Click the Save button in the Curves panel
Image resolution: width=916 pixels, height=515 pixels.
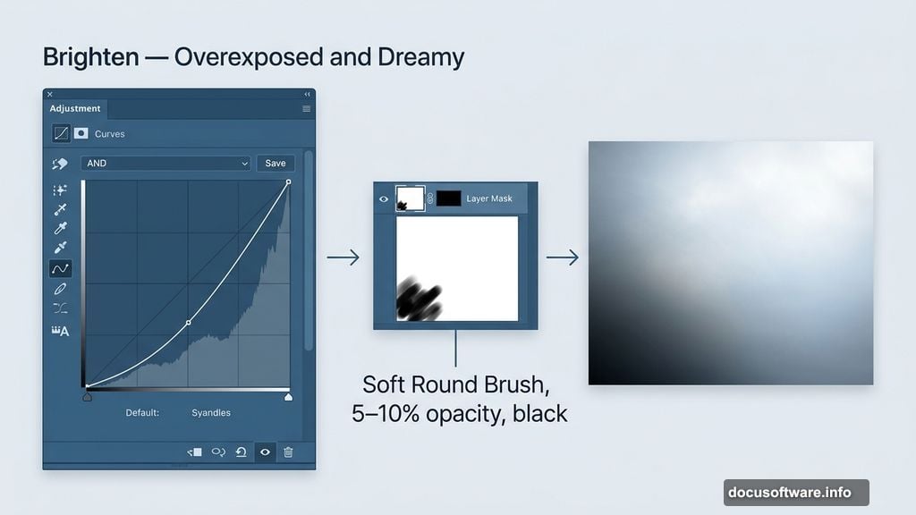click(x=276, y=164)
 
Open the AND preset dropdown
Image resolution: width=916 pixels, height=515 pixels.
click(x=165, y=164)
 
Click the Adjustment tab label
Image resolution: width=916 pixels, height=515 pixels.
click(x=75, y=108)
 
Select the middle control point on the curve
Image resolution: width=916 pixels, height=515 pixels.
click(x=188, y=322)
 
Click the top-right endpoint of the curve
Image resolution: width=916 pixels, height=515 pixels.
click(x=289, y=182)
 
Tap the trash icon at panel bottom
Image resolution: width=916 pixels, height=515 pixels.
click(x=288, y=452)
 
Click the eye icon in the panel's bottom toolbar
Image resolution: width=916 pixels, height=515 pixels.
click(x=265, y=452)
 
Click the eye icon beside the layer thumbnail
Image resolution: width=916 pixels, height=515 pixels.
click(x=384, y=199)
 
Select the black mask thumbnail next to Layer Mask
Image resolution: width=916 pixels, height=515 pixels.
click(x=449, y=198)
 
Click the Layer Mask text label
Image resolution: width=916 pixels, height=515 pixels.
click(x=489, y=198)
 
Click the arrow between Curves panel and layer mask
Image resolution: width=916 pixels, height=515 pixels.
click(x=343, y=257)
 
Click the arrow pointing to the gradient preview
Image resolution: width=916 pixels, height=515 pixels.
click(x=563, y=257)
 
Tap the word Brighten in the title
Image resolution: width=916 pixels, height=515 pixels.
click(x=91, y=57)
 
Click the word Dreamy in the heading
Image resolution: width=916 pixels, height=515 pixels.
click(x=420, y=57)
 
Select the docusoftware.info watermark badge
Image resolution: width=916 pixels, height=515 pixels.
click(x=796, y=493)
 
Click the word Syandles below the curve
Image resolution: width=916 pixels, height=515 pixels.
click(x=211, y=413)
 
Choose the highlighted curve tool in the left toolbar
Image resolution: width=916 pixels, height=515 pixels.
click(x=60, y=268)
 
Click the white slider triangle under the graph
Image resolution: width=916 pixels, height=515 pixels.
click(x=288, y=397)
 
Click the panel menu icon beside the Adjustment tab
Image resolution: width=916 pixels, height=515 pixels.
click(x=306, y=108)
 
